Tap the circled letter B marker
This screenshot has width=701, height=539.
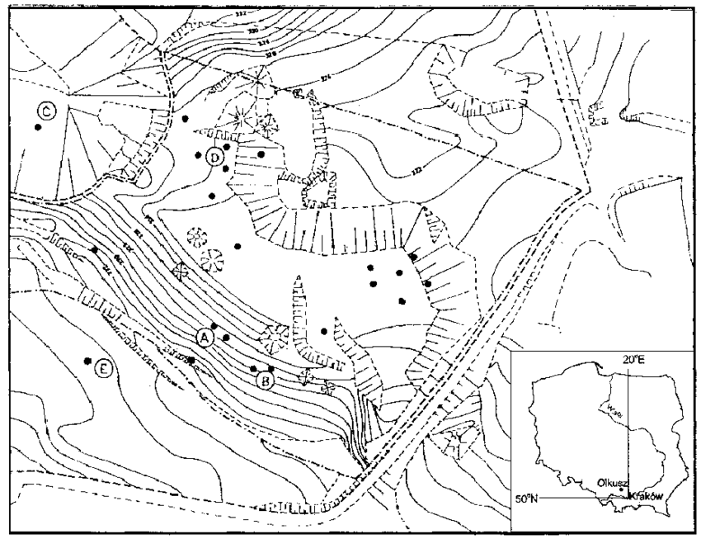[265, 381]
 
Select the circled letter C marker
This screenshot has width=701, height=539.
[47, 111]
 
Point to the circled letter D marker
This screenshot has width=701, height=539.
[215, 157]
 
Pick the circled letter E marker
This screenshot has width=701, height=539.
[103, 369]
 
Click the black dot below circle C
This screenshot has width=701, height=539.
[37, 128]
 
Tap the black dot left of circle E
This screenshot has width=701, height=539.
[87, 362]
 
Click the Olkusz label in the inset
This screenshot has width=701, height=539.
[605, 480]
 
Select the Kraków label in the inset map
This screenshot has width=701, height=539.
[645, 494]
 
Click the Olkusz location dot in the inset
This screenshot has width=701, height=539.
[621, 490]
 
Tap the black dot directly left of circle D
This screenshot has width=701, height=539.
[198, 154]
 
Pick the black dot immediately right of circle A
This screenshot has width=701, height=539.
[227, 338]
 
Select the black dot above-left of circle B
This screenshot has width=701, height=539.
[253, 368]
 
